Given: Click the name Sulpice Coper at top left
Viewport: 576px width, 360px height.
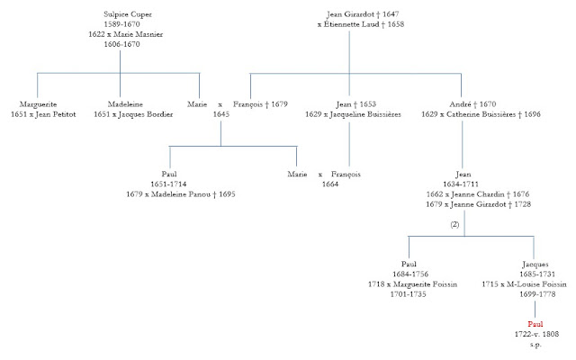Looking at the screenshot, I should tap(129, 15).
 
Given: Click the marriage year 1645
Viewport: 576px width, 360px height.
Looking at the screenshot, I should tap(221, 113).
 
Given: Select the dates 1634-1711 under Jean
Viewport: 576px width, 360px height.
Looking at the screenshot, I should tap(463, 184).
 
